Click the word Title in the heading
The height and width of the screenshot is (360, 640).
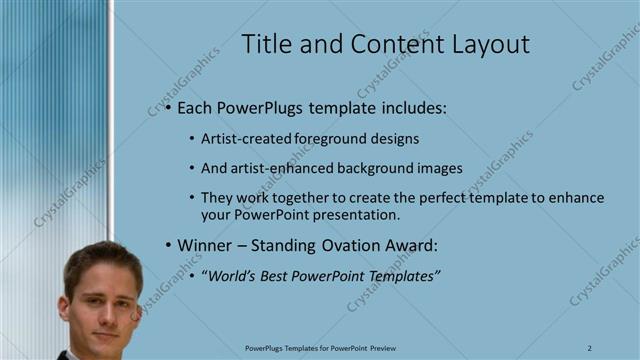(269, 44)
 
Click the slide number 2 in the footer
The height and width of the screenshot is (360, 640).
(590, 347)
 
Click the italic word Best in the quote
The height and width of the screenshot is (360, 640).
(284, 275)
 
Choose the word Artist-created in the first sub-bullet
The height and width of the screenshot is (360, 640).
(243, 139)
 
